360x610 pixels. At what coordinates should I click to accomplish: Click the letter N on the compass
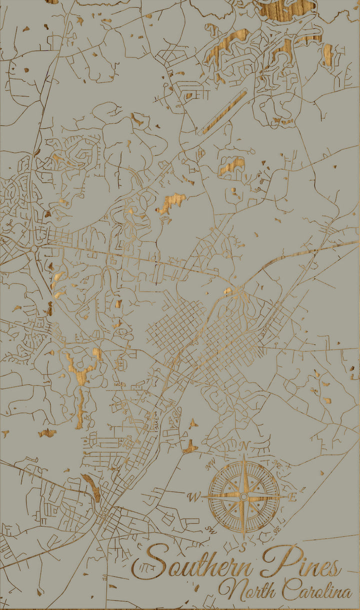click(x=244, y=445)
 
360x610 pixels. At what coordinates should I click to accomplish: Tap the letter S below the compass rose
click(x=243, y=548)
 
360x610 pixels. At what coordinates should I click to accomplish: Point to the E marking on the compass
click(x=293, y=497)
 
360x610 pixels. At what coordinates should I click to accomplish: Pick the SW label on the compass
click(x=209, y=529)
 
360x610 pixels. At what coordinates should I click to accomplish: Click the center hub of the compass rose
click(x=243, y=497)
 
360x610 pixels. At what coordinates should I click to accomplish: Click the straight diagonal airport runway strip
click(x=223, y=112)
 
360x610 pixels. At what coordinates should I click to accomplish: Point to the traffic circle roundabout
click(x=33, y=248)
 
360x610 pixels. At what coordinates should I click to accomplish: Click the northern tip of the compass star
click(x=244, y=456)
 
